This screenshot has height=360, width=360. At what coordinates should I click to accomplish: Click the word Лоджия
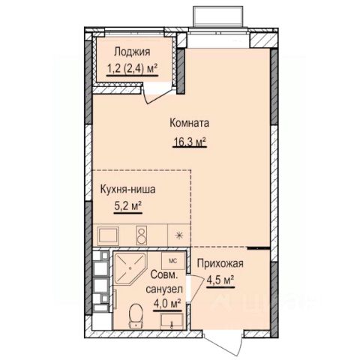click(x=132, y=52)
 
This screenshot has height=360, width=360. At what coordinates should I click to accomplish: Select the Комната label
click(x=189, y=123)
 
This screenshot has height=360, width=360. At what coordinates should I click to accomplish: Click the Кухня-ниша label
click(x=127, y=189)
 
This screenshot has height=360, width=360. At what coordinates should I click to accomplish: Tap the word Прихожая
click(x=220, y=263)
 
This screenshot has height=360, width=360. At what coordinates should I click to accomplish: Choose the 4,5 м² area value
click(x=220, y=280)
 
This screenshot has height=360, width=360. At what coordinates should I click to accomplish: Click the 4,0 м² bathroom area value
click(x=167, y=304)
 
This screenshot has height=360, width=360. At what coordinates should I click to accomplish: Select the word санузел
click(x=164, y=289)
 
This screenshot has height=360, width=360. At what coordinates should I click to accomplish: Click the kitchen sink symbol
click(x=108, y=235)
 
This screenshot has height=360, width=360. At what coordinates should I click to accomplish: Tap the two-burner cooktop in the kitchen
click(x=142, y=235)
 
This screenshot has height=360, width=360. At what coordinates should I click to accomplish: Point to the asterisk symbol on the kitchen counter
click(x=179, y=235)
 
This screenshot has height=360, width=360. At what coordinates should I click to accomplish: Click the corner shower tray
click(x=130, y=268)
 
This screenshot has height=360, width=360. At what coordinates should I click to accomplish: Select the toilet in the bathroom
click(x=136, y=316)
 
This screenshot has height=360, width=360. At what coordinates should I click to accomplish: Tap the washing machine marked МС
click(x=172, y=261)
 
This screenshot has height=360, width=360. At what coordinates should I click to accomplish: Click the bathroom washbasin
click(x=172, y=319)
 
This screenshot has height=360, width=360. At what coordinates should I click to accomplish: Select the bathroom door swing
click(x=197, y=287)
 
